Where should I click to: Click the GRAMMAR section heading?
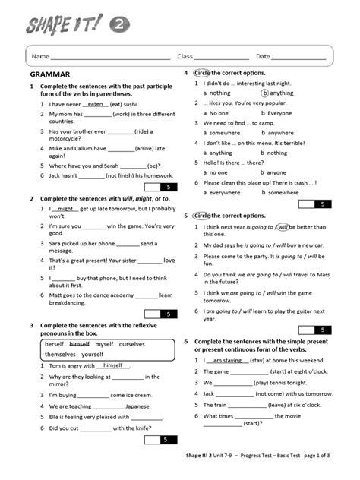[49, 74]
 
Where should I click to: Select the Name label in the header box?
[40, 57]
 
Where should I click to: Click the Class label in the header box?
[185, 57]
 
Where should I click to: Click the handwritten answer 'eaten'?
[96, 104]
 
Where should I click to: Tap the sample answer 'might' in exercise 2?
[66, 208]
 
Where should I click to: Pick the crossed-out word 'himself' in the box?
[79, 344]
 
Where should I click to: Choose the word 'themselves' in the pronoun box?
[61, 355]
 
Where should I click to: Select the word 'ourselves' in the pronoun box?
[132, 344]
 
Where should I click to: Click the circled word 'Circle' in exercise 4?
[201, 73]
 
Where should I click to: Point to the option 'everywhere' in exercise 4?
[226, 192]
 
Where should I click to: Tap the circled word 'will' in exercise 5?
[283, 226]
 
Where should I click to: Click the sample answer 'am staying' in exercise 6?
[227, 361]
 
